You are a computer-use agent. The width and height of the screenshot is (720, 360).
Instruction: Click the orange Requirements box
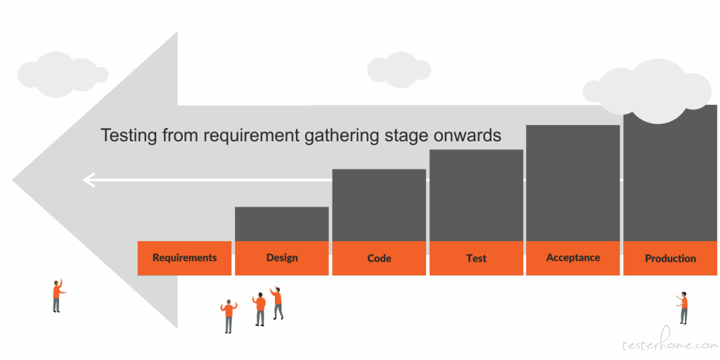(185, 258)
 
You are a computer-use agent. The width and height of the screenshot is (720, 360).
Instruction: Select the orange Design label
(282, 258)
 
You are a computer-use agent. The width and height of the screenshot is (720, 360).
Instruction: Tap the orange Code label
(379, 258)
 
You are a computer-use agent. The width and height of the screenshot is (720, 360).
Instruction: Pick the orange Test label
(476, 258)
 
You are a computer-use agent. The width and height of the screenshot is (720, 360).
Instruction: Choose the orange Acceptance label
(573, 258)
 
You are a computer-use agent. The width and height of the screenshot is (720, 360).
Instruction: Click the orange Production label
(670, 258)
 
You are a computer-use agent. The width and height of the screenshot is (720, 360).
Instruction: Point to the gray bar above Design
(282, 224)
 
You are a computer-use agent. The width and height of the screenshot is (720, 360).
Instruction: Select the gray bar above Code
(379, 205)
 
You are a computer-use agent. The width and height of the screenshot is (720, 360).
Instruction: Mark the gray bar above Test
(476, 195)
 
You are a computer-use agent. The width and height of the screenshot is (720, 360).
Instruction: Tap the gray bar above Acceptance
(573, 184)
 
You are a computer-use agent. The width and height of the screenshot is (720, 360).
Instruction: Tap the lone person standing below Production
(683, 307)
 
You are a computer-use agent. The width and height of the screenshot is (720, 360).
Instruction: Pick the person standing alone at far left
(58, 296)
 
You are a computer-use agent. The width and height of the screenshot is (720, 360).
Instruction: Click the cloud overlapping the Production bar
(647, 91)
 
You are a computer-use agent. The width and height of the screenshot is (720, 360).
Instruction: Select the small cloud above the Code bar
(399, 70)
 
